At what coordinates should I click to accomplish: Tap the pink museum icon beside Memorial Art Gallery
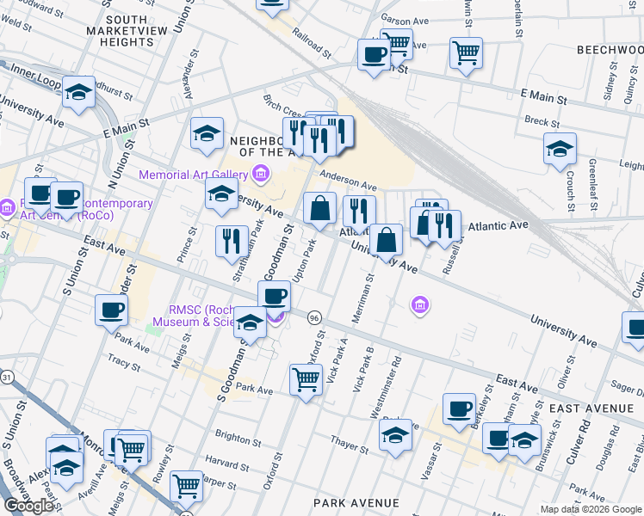[260, 175]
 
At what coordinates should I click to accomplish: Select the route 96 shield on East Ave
[315, 317]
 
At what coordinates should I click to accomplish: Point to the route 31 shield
[7, 377]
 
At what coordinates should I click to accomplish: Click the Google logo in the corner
[28, 505]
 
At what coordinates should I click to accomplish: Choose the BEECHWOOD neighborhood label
[610, 50]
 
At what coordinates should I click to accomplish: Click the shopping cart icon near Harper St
[187, 485]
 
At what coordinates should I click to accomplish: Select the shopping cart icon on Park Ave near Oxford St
[307, 378]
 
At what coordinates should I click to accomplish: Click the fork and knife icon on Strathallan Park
[231, 240]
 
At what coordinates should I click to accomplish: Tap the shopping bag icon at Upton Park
[319, 207]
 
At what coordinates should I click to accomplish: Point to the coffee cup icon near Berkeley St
[459, 408]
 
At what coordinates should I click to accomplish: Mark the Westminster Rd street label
[385, 388]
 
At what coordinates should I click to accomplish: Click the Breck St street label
[542, 122]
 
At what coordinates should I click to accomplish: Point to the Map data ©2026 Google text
[590, 509]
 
